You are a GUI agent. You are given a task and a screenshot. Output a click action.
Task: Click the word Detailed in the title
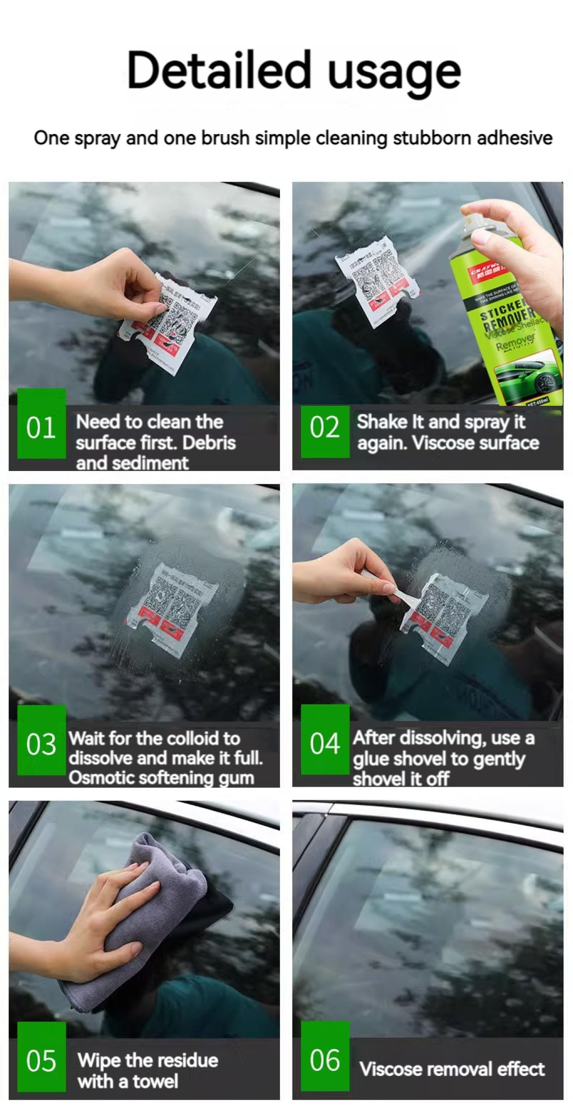click(x=218, y=70)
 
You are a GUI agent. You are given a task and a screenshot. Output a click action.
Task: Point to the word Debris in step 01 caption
click(x=209, y=443)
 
